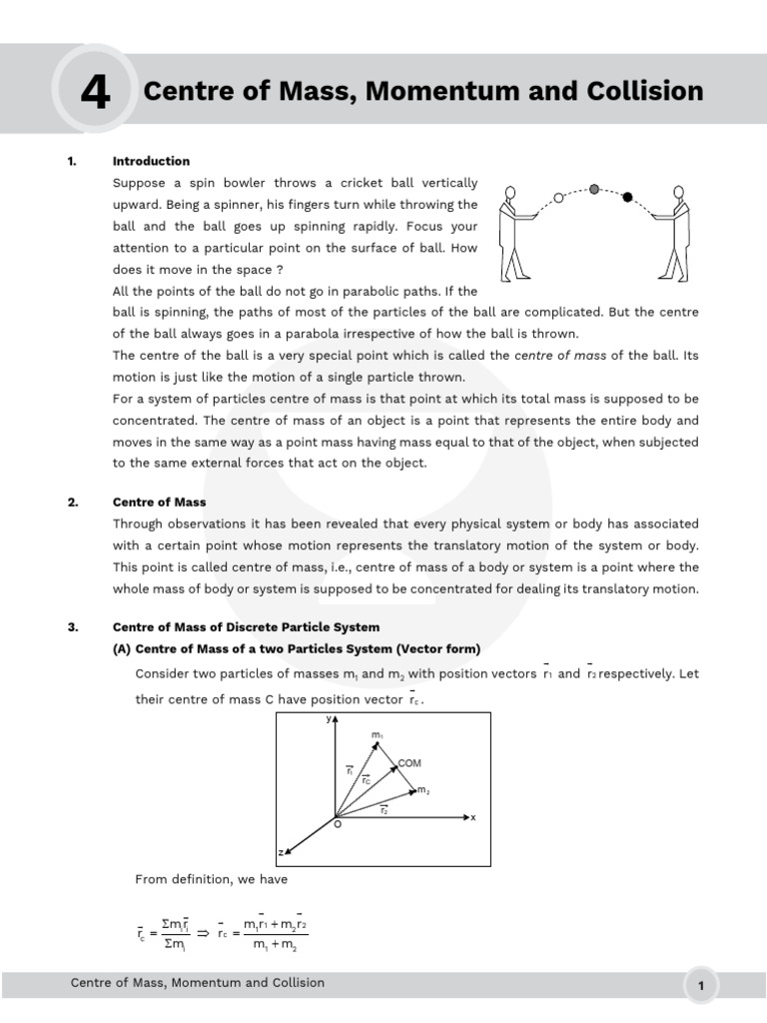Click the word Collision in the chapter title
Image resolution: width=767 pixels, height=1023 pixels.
[x=644, y=92]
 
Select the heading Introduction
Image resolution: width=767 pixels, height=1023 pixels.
[x=151, y=161]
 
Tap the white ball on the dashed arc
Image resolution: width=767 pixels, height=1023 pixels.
[x=558, y=198]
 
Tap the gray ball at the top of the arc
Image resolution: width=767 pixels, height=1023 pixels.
[x=594, y=188]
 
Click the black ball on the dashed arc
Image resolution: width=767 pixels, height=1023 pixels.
[x=627, y=197]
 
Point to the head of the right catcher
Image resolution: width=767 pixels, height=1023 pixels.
[x=679, y=192]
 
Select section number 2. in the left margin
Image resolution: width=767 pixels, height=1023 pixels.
[x=73, y=503]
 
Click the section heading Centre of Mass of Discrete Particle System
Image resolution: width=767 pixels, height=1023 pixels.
[x=246, y=627]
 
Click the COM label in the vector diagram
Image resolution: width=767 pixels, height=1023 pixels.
[x=409, y=763]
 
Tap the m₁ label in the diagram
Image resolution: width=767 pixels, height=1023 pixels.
[x=377, y=736]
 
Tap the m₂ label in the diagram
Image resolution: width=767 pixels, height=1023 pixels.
[x=423, y=790]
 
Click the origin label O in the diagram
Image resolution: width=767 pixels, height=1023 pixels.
[x=337, y=825]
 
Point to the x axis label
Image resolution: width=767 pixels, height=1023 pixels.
[x=473, y=817]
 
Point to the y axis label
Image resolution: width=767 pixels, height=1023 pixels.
[x=329, y=718]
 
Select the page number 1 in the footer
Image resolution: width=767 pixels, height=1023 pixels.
[x=702, y=986]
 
